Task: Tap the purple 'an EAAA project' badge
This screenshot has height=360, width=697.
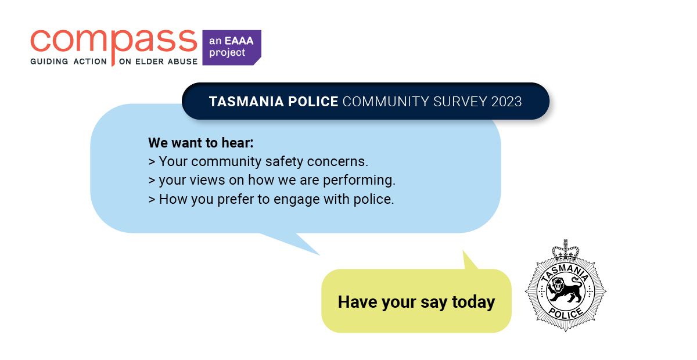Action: point(231,47)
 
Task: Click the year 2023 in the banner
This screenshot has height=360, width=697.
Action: point(506,102)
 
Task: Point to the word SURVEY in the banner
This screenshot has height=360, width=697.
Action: point(459,102)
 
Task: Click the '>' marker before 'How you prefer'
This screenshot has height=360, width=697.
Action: point(152,199)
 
